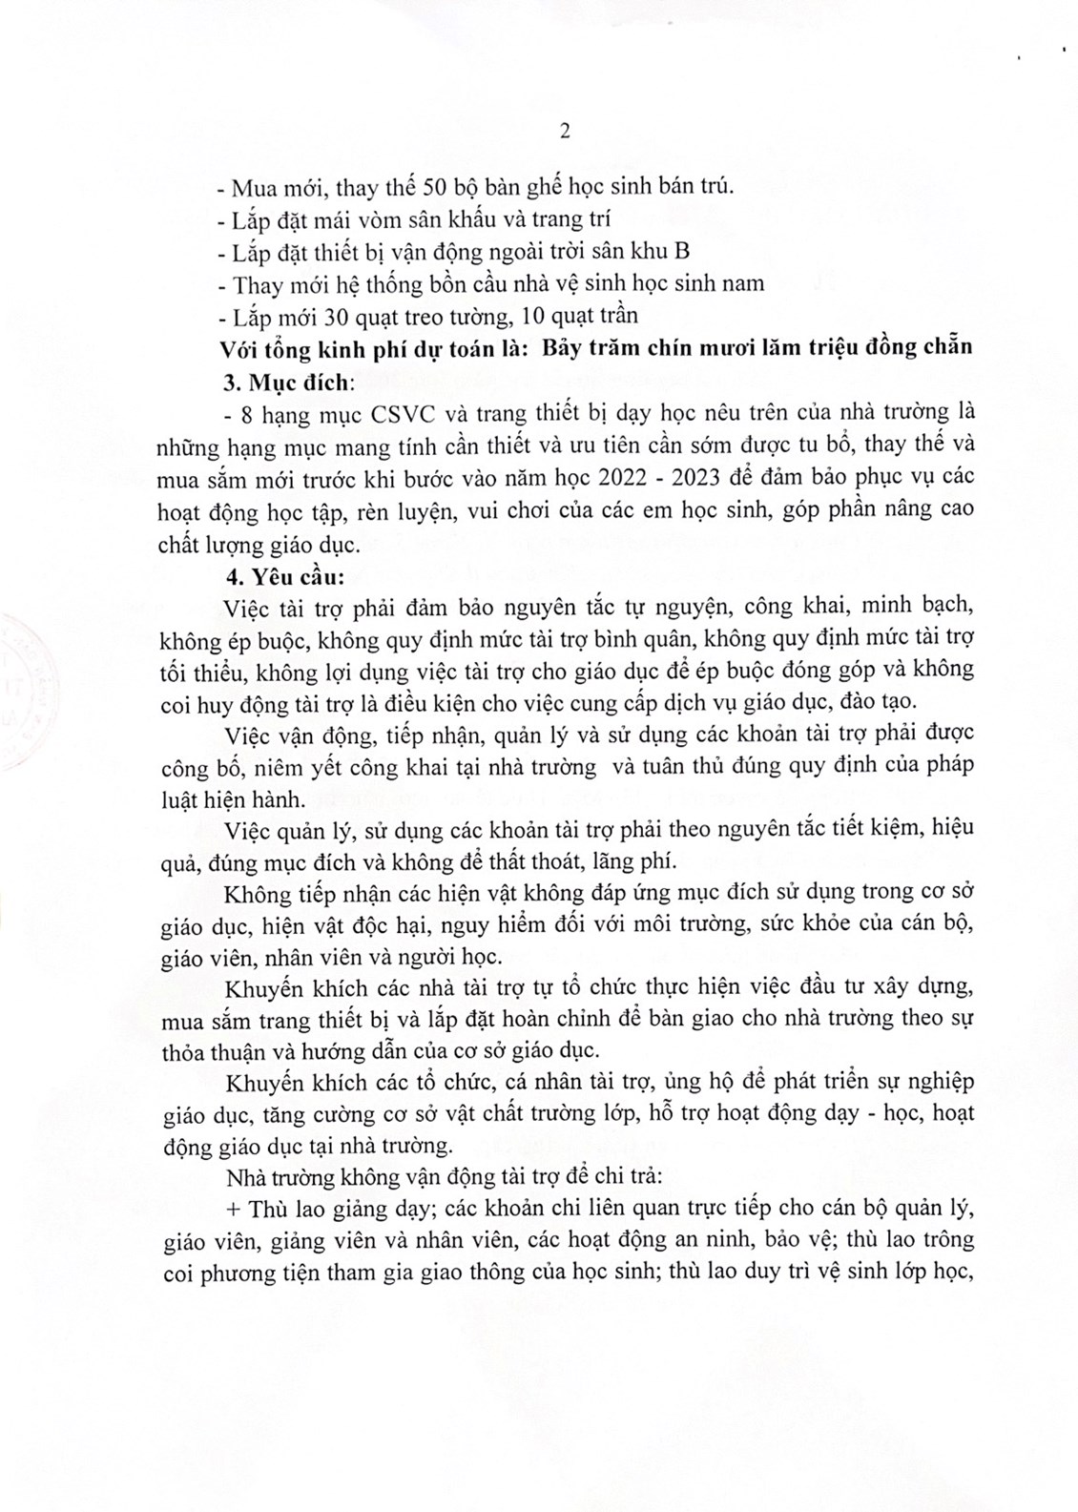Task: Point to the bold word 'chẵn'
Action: coord(944,346)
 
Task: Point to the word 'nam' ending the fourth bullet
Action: coord(744,283)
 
